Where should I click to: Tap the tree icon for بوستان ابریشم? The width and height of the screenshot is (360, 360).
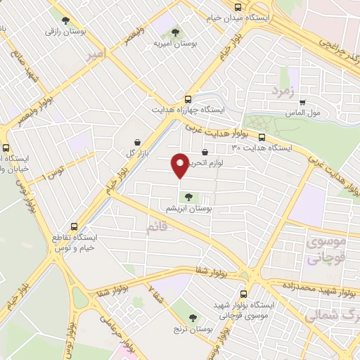point(187,197)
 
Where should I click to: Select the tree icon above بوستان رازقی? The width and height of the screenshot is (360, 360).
point(66,20)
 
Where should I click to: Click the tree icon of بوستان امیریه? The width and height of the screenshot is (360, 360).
point(174,31)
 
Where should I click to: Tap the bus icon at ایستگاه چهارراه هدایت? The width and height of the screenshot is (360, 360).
point(187,99)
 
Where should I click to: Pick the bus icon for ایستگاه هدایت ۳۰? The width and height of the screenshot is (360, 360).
point(262,137)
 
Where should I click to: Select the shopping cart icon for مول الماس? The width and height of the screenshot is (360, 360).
point(302,103)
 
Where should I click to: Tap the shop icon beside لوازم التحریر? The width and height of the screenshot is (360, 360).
point(205,152)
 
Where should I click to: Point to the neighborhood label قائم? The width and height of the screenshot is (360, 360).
point(157,228)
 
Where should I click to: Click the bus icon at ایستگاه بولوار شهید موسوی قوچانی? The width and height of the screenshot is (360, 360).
point(243,294)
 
